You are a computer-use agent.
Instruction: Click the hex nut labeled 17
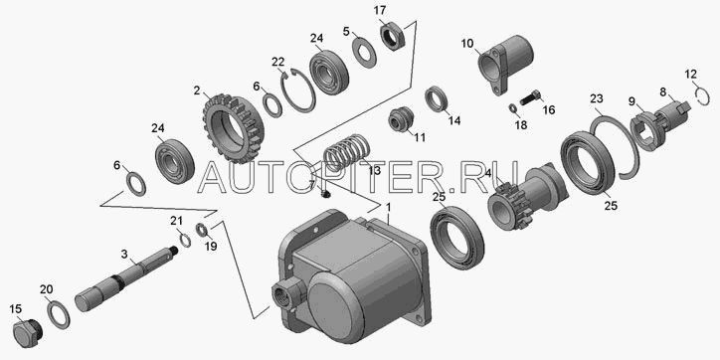pos(392,37)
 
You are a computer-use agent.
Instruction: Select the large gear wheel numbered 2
pos(233,128)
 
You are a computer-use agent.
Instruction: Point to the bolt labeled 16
pos(531,97)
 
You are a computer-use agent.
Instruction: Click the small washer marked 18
pos(512,108)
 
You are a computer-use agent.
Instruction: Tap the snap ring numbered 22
pos(298,90)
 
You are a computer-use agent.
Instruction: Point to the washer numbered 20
pos(58,312)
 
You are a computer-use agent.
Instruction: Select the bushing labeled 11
pos(401,119)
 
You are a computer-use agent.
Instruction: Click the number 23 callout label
pos(596,98)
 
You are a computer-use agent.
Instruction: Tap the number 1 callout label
pos(389,208)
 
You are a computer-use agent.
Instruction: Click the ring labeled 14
pos(437,98)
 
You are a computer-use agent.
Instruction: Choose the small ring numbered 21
pos(185,240)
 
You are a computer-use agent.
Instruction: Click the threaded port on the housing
pos(285,295)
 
